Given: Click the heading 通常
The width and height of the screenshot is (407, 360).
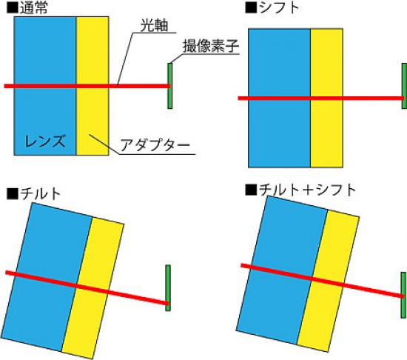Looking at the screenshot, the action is [x=34, y=8].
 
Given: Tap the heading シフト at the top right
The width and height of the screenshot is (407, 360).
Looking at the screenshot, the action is [x=279, y=7].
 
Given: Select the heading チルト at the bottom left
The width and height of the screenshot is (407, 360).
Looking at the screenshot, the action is [x=40, y=193].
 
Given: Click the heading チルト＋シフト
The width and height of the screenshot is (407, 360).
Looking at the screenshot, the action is [x=308, y=190].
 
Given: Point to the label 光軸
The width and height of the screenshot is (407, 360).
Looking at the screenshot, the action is [x=154, y=25].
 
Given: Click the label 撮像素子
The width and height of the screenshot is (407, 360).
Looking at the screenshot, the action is [x=211, y=46].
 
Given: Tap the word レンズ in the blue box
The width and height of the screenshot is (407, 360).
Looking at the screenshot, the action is [x=44, y=141].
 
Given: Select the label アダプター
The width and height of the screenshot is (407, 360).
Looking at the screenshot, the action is [x=155, y=144].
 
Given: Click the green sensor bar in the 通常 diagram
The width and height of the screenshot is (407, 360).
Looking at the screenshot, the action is [x=169, y=86].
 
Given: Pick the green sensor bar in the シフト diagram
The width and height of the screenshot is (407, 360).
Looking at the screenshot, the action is [x=404, y=86].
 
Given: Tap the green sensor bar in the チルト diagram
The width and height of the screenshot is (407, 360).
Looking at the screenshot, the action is [x=168, y=288].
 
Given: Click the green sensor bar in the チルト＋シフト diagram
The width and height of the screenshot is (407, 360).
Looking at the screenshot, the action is [x=403, y=295].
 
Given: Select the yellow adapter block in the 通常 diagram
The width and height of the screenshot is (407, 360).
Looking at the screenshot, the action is [x=92, y=86].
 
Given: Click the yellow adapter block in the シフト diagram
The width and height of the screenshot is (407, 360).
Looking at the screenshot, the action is [x=326, y=98].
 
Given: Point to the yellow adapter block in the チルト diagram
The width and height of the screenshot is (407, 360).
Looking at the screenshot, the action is [x=93, y=288].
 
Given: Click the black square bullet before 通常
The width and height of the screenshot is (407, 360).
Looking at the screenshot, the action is [x=13, y=8].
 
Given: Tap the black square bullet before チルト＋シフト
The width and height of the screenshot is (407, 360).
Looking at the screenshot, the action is [x=252, y=190].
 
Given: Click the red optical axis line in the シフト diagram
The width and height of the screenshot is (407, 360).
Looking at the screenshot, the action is [x=321, y=99].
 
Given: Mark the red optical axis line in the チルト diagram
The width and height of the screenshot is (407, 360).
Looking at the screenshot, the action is [x=87, y=288].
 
